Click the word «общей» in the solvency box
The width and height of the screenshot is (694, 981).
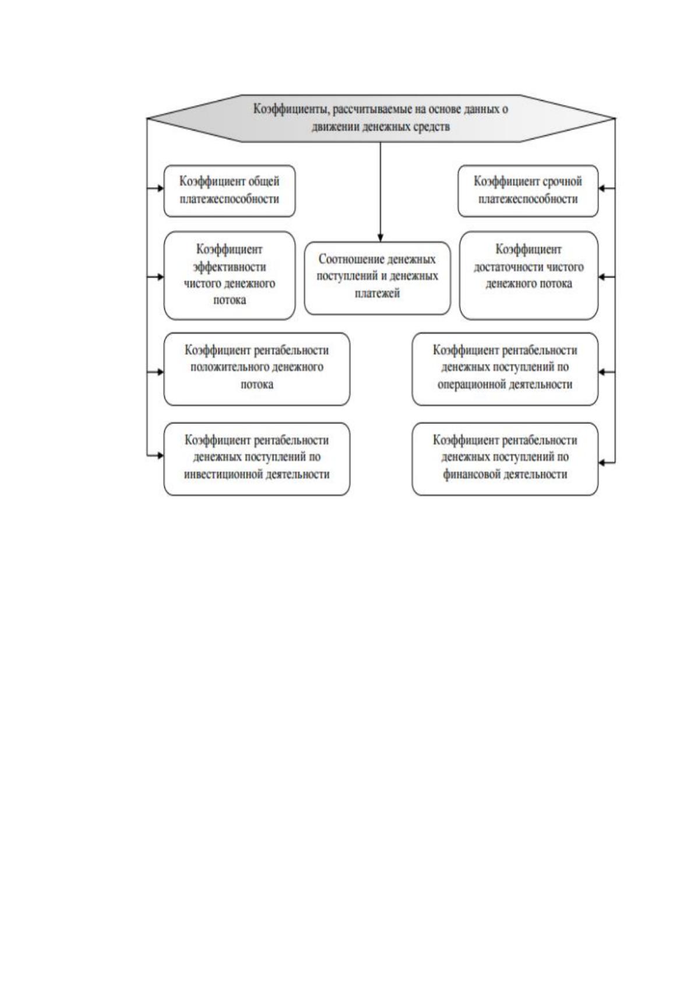pos(263,181)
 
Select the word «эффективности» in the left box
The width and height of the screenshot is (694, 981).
pos(230,267)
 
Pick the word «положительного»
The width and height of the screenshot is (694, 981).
pos(229,366)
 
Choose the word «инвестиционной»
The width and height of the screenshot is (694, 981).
pos(220,474)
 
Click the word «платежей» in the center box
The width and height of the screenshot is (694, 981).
pos(377,293)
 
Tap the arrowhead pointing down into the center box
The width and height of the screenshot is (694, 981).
pos(381,238)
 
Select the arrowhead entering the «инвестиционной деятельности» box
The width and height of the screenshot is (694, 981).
pos(160,456)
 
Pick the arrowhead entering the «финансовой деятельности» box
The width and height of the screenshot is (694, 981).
pos(602,463)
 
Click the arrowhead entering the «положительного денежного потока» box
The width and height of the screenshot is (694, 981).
pos(160,372)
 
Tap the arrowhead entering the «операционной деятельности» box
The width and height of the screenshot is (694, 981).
pos(602,372)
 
